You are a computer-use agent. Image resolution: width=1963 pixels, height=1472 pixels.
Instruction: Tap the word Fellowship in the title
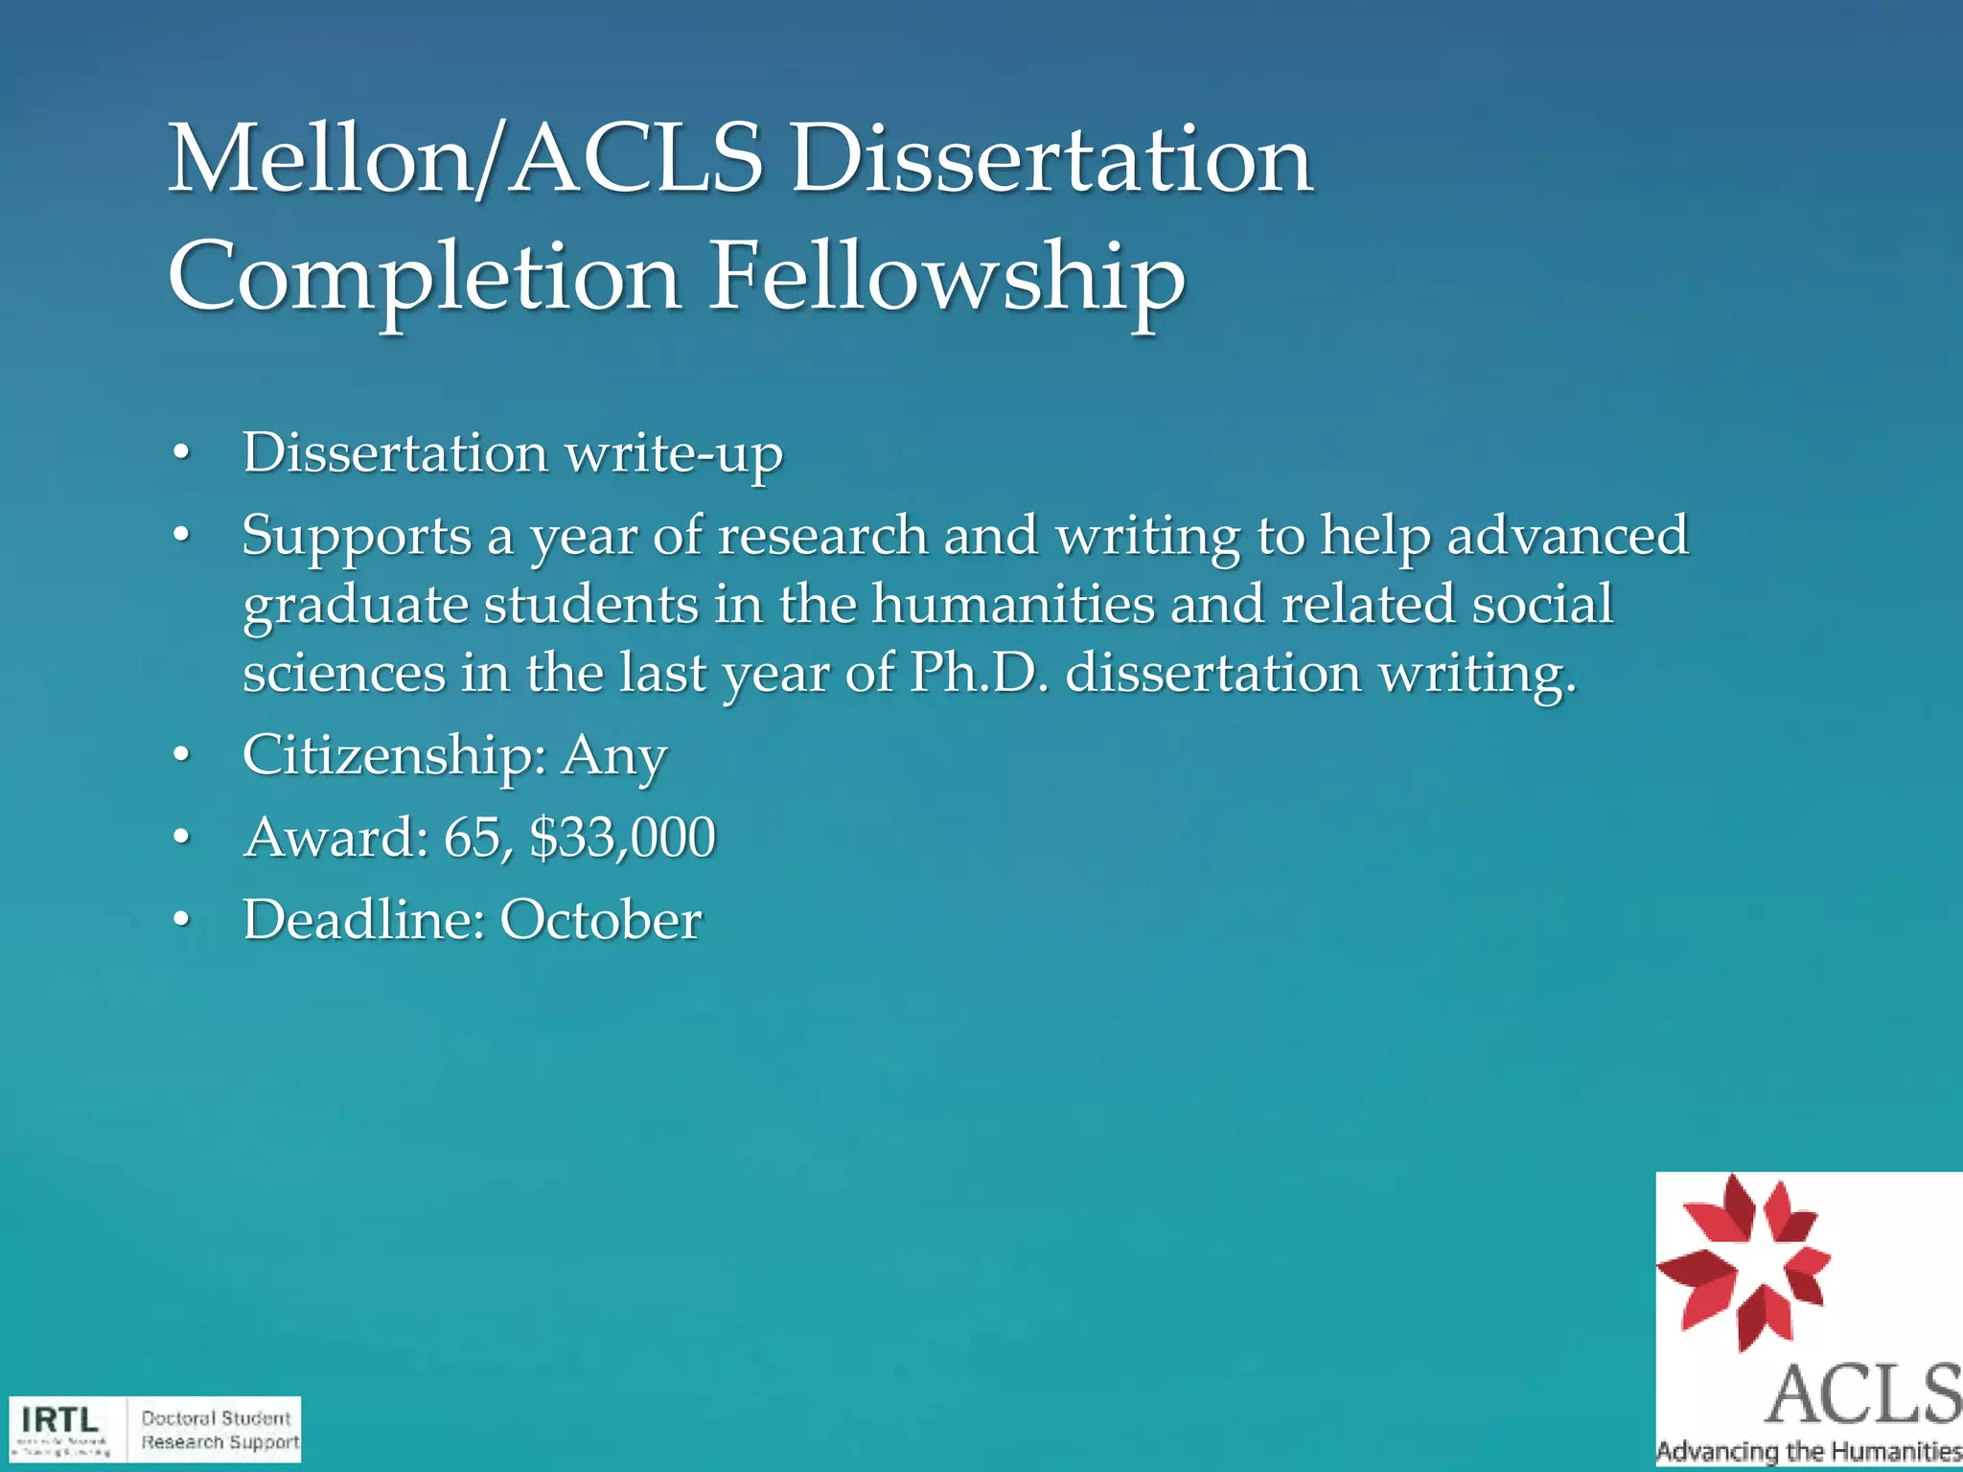click(946, 278)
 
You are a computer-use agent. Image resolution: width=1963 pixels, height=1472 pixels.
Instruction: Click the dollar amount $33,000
click(622, 838)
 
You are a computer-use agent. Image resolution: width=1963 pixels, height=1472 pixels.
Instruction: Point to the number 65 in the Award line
click(472, 838)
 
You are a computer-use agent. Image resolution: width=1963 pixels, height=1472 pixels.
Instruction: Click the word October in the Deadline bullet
click(601, 920)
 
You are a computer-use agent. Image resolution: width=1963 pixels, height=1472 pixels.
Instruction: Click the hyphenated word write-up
click(674, 453)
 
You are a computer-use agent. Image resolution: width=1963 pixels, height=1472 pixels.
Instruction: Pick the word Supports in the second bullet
click(357, 536)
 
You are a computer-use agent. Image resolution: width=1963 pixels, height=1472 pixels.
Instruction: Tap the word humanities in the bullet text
click(1012, 605)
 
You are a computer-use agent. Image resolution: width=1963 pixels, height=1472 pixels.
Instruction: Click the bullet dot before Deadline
click(181, 921)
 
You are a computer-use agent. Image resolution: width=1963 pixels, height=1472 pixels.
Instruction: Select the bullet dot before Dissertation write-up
click(181, 454)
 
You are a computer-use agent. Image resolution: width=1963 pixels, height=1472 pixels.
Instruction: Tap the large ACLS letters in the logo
click(1862, 1394)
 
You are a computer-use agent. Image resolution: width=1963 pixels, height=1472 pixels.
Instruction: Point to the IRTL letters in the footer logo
click(60, 1419)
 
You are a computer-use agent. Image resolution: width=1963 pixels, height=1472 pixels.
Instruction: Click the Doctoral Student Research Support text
click(219, 1430)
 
